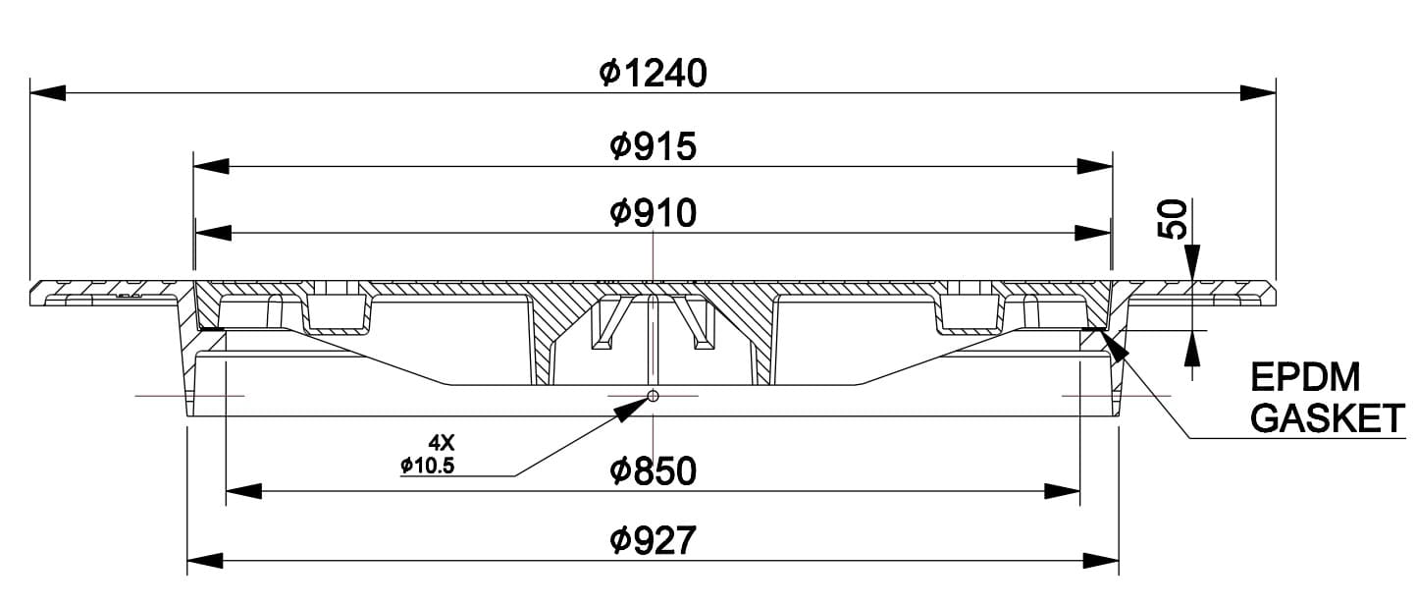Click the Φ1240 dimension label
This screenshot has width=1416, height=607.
tap(653, 74)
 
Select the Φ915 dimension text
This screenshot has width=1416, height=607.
tap(653, 147)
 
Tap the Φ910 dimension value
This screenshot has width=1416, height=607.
tap(653, 213)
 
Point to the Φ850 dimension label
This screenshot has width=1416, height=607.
tap(653, 471)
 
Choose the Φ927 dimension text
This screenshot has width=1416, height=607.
tap(653, 539)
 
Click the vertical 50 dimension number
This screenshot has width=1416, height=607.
tap(1174, 219)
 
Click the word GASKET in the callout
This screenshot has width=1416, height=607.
tap(1329, 420)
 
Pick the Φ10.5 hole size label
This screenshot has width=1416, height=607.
tap(428, 466)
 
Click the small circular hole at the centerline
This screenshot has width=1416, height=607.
tap(653, 397)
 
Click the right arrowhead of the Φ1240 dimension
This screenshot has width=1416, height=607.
tap(1258, 93)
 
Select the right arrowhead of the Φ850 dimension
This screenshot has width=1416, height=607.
tap(1063, 489)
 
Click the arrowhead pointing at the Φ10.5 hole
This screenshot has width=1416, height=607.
tap(634, 410)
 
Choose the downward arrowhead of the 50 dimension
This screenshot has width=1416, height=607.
tap(1192, 262)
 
